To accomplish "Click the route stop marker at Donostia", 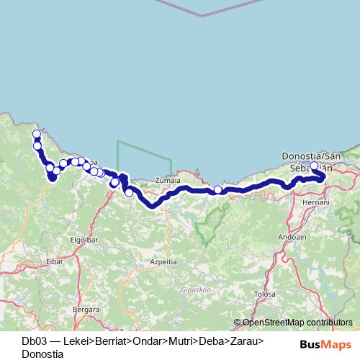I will tap(314, 166).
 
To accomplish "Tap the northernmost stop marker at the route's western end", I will tap(37, 133).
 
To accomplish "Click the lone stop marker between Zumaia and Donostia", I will tap(218, 189).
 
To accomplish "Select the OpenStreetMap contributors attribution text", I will tap(293, 323).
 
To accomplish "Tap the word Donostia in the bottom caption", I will tap(42, 354).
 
